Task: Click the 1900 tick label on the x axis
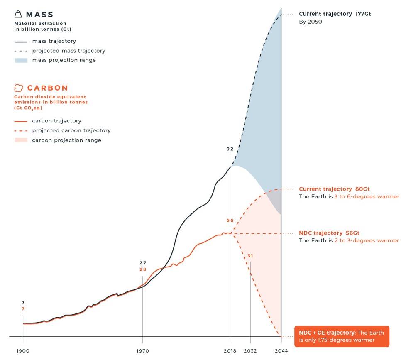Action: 23,351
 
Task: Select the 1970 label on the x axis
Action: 142,351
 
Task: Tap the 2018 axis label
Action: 230,351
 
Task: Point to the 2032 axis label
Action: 250,351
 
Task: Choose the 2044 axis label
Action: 281,351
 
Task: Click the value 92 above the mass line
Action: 230,149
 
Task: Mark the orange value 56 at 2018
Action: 230,220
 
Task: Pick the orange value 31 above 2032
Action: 250,256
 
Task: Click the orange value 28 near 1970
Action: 143,269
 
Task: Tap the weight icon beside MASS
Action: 17,15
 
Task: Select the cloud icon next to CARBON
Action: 18,88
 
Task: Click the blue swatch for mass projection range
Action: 21,60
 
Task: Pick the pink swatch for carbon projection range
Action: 21,140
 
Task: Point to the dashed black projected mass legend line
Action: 21,51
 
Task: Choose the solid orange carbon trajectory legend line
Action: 21,121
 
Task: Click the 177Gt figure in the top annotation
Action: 363,14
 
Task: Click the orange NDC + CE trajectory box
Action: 342,336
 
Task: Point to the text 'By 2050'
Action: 311,22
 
